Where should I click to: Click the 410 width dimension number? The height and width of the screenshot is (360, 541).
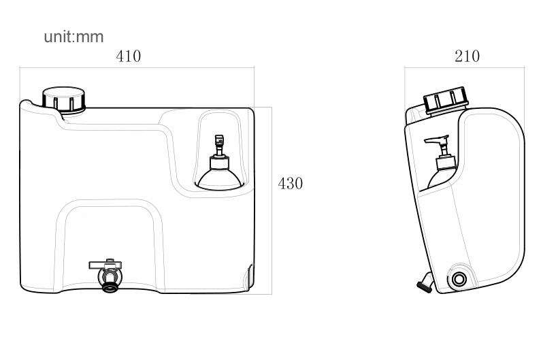tap(129, 56)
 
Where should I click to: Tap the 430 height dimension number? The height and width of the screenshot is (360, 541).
tap(291, 184)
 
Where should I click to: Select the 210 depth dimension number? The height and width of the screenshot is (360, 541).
tap(467, 56)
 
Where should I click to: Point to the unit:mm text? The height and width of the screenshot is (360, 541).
tap(74, 37)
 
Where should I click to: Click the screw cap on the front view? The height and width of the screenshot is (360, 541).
tap(64, 100)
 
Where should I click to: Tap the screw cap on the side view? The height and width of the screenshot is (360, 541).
tap(446, 100)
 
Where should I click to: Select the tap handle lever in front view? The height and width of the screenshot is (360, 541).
tap(105, 265)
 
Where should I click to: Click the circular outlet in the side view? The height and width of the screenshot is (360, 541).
tap(459, 279)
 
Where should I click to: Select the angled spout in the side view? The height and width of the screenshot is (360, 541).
tap(426, 283)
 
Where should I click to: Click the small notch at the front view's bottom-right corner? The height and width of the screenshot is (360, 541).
tap(249, 277)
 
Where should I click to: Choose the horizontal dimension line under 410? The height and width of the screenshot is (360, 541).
tap(137, 67)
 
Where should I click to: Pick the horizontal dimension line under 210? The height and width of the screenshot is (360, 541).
tap(464, 67)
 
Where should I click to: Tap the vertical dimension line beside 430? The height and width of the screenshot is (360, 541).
tap(272, 201)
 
